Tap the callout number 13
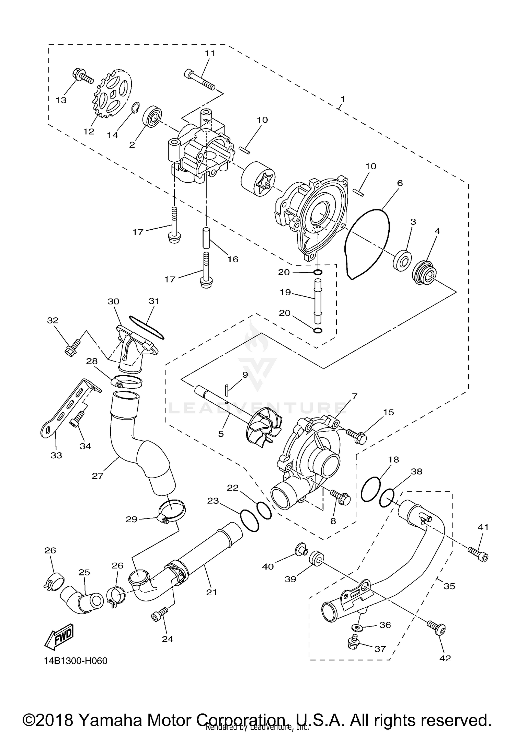click(x=61, y=100)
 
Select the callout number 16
click(x=233, y=259)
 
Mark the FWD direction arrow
click(x=59, y=637)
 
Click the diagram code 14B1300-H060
click(x=76, y=661)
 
